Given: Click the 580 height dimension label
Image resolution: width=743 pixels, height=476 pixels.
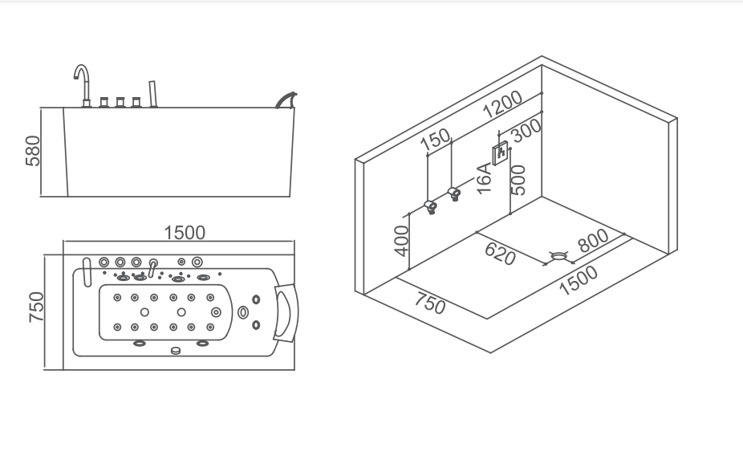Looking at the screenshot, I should tap(33, 150).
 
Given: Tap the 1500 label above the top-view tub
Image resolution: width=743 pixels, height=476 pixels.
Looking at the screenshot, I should tap(185, 233).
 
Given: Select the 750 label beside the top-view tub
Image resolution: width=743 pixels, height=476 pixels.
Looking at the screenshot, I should tap(37, 307).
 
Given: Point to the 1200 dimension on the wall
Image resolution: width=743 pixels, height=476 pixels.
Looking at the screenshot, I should tap(503, 104).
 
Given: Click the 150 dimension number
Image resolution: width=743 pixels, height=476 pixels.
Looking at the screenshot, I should tap(436, 140).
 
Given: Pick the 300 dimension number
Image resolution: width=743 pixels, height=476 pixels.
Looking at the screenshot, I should tap(527, 129).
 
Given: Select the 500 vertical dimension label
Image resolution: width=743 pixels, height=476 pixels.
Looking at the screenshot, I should tap(518, 180).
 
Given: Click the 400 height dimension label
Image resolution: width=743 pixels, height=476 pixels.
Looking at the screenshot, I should tap(403, 240).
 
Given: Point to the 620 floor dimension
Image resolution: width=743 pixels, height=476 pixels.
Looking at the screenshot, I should tap(499, 254).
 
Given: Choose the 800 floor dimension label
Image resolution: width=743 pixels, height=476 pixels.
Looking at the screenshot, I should tap(593, 241).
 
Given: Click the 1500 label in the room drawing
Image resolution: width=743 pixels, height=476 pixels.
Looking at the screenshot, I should tap(579, 280).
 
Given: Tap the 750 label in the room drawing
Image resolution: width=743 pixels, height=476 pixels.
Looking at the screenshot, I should tap(430, 304).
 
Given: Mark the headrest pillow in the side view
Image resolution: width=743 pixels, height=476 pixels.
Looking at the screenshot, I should tap(284, 99).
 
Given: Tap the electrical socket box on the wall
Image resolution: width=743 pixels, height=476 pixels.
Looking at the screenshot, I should tap(501, 152).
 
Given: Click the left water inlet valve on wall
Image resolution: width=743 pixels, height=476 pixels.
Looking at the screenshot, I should tap(431, 207).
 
